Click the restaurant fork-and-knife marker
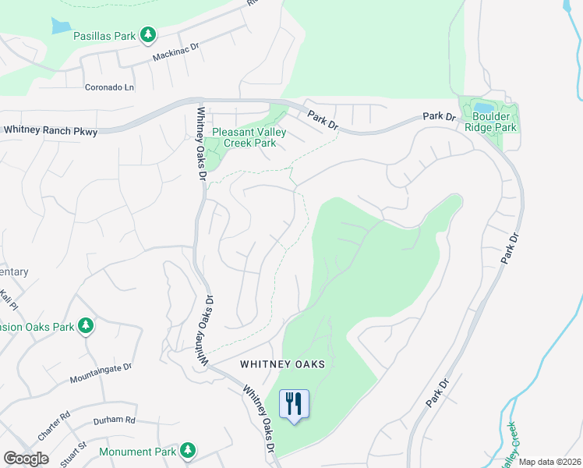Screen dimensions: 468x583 click(294, 404)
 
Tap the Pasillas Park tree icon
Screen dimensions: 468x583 click(147, 35)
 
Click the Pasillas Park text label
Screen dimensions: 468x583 click(104, 36)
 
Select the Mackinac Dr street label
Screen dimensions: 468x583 click(175, 56)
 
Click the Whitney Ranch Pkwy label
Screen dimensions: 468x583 click(51, 131)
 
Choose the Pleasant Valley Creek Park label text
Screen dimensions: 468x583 click(244, 137)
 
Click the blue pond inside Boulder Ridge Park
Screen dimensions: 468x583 click(483, 108)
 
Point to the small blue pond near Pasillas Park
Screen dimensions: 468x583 click(61, 26)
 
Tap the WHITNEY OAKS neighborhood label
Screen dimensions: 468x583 click(282, 364)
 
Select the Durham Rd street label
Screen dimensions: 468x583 click(114, 420)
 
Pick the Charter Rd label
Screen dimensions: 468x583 click(54, 425)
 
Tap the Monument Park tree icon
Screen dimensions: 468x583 click(187, 450)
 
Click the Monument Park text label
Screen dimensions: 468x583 click(139, 452)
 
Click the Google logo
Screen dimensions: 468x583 click(26, 459)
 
